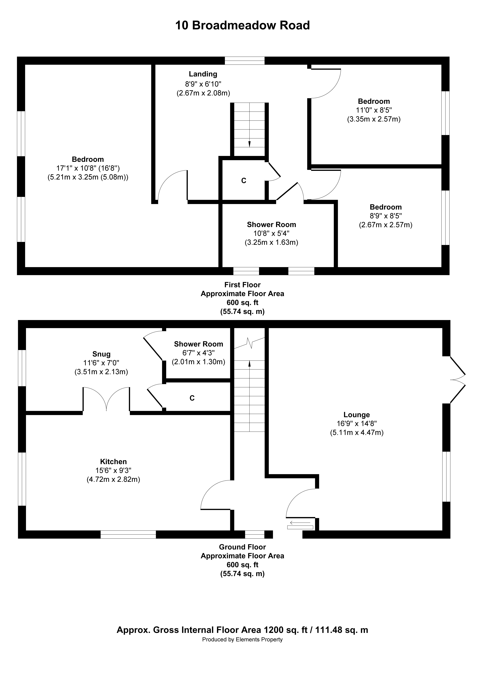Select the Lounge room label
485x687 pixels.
[x=356, y=415]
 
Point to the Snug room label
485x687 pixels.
[x=101, y=354]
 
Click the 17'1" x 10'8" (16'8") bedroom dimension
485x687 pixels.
[x=88, y=168]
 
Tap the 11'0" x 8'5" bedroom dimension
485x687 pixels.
[x=374, y=110]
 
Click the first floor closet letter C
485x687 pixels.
[x=244, y=181]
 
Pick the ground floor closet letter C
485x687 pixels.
[x=192, y=398]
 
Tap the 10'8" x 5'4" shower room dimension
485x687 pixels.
[x=272, y=233]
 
